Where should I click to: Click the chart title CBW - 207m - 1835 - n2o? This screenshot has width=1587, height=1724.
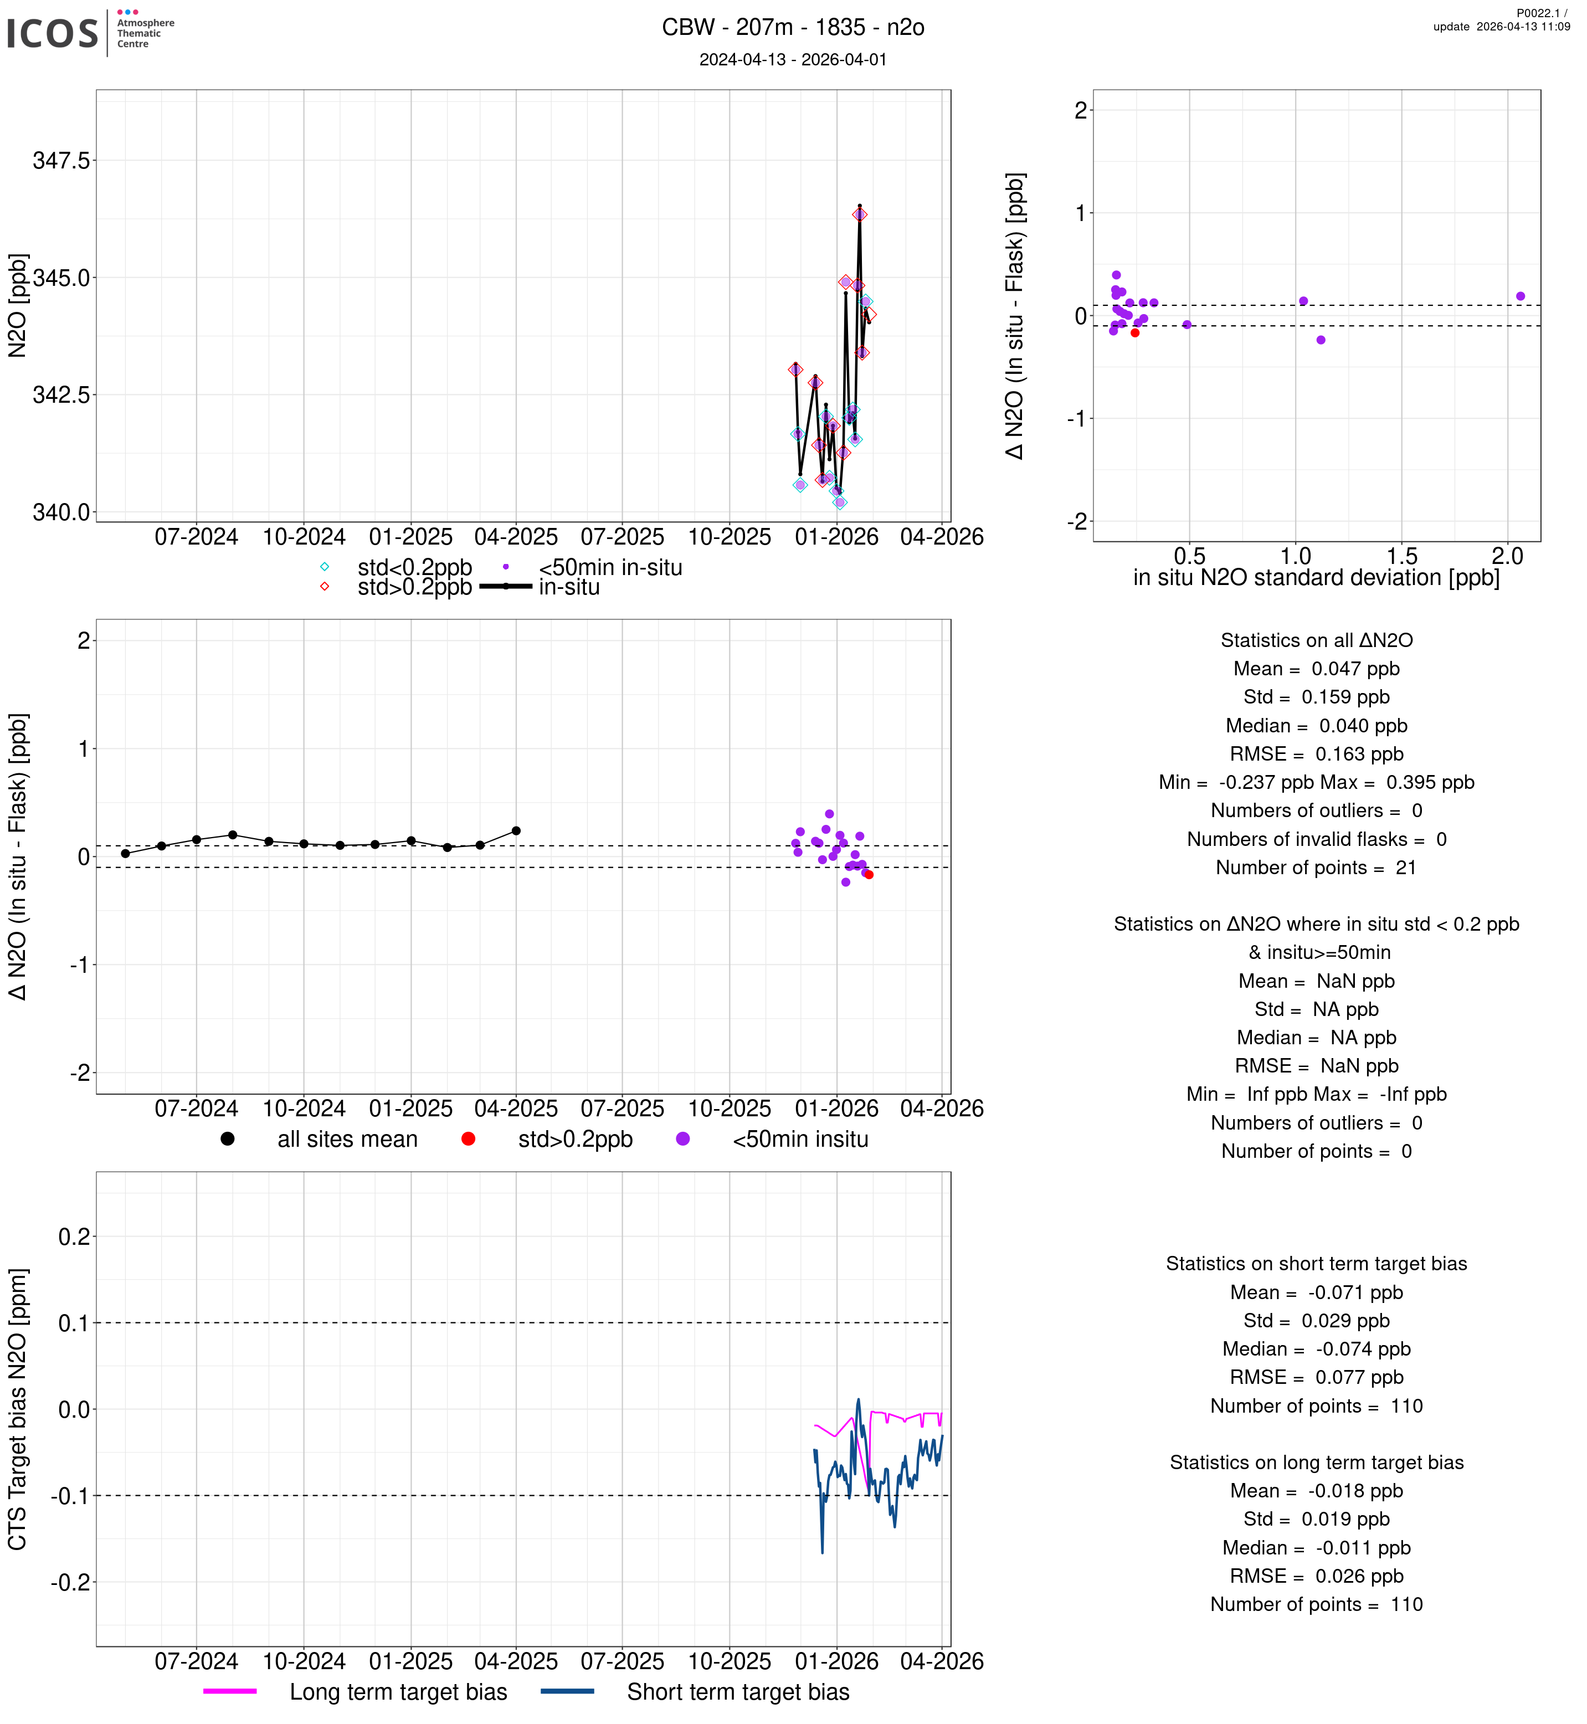(x=793, y=28)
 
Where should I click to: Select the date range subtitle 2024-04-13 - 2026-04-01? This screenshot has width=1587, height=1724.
(x=793, y=59)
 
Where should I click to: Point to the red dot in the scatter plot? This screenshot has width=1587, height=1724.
(x=1136, y=332)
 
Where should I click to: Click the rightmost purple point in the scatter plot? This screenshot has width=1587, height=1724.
(x=1521, y=296)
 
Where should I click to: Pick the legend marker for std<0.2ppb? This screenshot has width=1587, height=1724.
(x=325, y=567)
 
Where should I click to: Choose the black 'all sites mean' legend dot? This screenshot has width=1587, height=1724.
(x=228, y=1139)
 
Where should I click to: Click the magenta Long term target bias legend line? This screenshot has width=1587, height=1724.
(x=230, y=1691)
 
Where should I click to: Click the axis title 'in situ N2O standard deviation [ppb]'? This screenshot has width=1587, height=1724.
(x=1317, y=577)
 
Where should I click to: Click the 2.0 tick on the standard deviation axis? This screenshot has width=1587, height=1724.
(x=1507, y=557)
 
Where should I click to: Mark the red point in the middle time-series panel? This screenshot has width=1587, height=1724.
(x=869, y=874)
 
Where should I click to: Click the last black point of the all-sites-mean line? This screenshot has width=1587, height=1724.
(x=516, y=830)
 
